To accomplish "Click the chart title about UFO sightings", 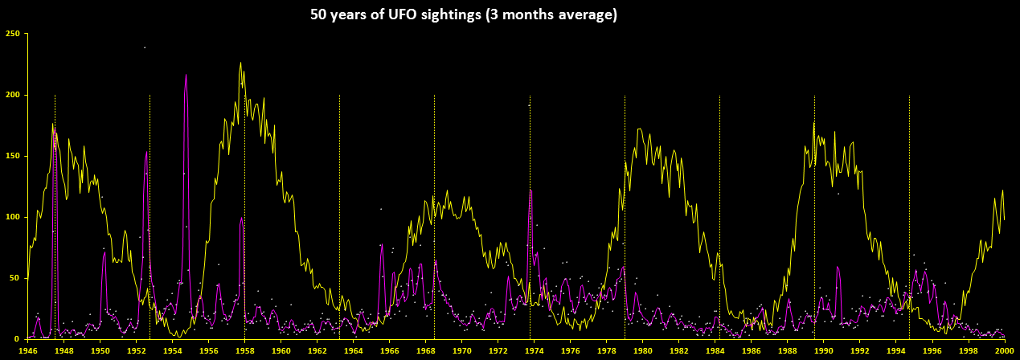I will (x=464, y=15).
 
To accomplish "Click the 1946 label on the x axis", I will (x=28, y=351).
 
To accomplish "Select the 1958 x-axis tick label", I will (x=245, y=351).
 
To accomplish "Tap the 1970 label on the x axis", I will (x=462, y=351).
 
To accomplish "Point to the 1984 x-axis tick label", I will (x=715, y=351).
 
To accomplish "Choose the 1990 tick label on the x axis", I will (x=824, y=351).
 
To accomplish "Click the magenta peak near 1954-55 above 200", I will (x=186, y=76).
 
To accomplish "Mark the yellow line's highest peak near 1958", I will (x=240, y=63).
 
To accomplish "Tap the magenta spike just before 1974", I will (x=530, y=190).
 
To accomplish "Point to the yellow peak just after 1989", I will (x=813, y=123).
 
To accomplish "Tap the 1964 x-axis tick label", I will (x=354, y=351).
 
